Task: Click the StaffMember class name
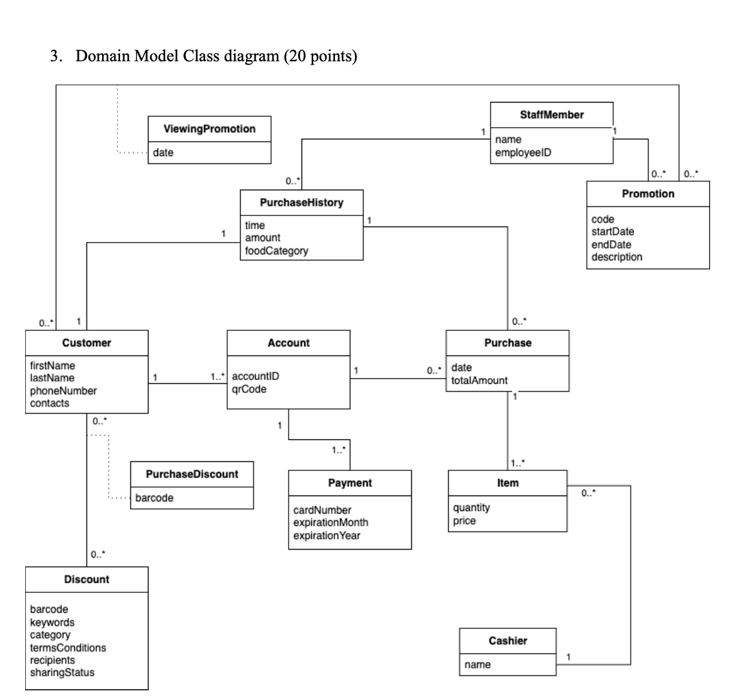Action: [551, 114]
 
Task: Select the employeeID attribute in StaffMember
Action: [522, 152]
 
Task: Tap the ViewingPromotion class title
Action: [209, 128]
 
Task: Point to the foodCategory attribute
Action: [276, 250]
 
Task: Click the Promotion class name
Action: [647, 194]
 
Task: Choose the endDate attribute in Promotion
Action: [611, 245]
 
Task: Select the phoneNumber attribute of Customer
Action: [63, 390]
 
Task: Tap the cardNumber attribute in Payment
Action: [322, 510]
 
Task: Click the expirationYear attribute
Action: [327, 535]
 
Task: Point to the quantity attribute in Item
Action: [471, 508]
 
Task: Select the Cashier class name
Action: [507, 641]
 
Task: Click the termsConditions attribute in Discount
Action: [68, 647]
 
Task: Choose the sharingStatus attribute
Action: [62, 672]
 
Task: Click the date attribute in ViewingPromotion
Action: [163, 152]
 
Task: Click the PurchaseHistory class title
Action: [301, 203]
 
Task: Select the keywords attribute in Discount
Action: [52, 622]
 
